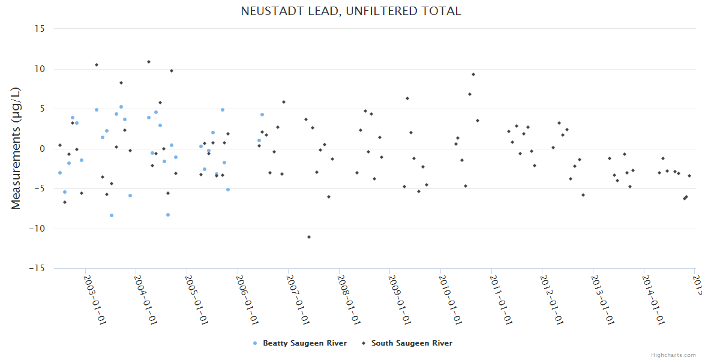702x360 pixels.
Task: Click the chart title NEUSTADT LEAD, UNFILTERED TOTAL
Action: point(351,11)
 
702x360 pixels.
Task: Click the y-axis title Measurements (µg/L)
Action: point(16,148)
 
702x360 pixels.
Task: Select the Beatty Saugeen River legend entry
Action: point(304,343)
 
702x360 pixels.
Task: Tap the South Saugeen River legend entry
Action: point(412,343)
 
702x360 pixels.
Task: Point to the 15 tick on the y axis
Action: point(41,29)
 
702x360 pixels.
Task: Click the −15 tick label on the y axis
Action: point(38,269)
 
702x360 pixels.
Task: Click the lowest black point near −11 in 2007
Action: point(309,237)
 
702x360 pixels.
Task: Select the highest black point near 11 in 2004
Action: point(149,62)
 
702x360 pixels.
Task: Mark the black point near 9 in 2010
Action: point(473,74)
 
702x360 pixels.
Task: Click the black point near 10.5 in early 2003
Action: point(97,65)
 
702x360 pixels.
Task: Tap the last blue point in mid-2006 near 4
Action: point(262,115)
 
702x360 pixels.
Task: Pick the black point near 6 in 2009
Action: point(407,98)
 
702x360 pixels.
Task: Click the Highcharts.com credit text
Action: point(673,355)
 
